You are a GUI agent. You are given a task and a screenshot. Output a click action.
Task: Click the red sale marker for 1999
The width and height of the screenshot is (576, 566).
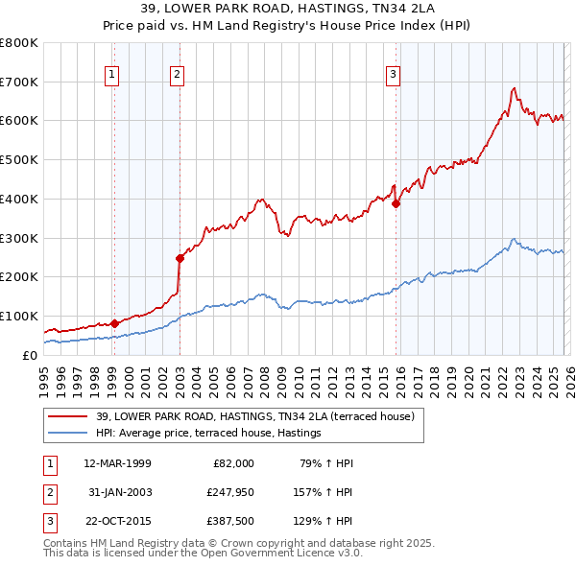(x=114, y=322)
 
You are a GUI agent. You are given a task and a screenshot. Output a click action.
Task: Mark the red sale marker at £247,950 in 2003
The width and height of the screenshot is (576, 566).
(x=180, y=257)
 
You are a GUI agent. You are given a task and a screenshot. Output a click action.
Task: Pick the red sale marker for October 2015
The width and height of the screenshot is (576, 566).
(x=396, y=202)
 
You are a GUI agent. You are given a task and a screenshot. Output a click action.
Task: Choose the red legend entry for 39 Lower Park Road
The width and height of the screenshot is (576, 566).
(x=254, y=416)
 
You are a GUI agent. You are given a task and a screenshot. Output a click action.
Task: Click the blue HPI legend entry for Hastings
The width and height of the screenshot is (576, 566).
(x=208, y=434)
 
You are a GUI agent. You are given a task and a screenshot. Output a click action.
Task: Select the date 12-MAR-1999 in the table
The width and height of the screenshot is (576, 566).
(x=117, y=463)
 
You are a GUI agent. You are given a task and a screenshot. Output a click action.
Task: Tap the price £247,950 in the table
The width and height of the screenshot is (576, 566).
(x=229, y=493)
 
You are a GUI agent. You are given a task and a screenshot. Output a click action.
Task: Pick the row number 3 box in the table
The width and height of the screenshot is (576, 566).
(x=47, y=523)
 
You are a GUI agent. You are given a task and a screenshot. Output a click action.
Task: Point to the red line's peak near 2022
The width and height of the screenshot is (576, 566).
(x=515, y=88)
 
